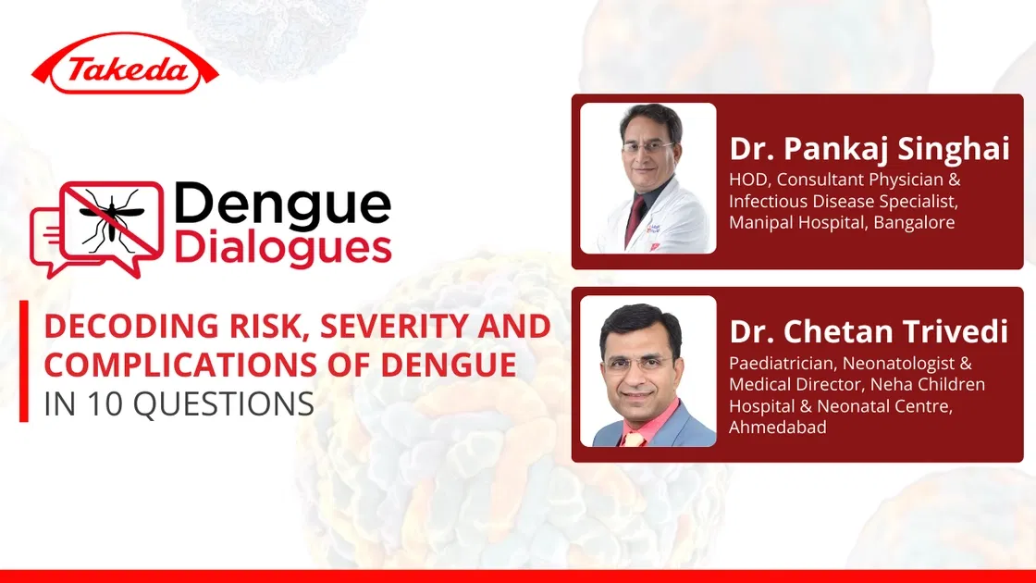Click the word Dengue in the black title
(x=282, y=205)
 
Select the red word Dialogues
(x=282, y=249)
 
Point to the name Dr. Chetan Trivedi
(x=869, y=331)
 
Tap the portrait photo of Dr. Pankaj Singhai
(x=648, y=178)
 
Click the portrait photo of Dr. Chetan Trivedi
(x=648, y=371)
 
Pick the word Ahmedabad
(x=778, y=427)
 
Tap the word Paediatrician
(x=781, y=363)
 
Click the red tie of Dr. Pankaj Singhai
(x=635, y=220)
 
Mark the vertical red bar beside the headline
(x=24, y=361)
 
